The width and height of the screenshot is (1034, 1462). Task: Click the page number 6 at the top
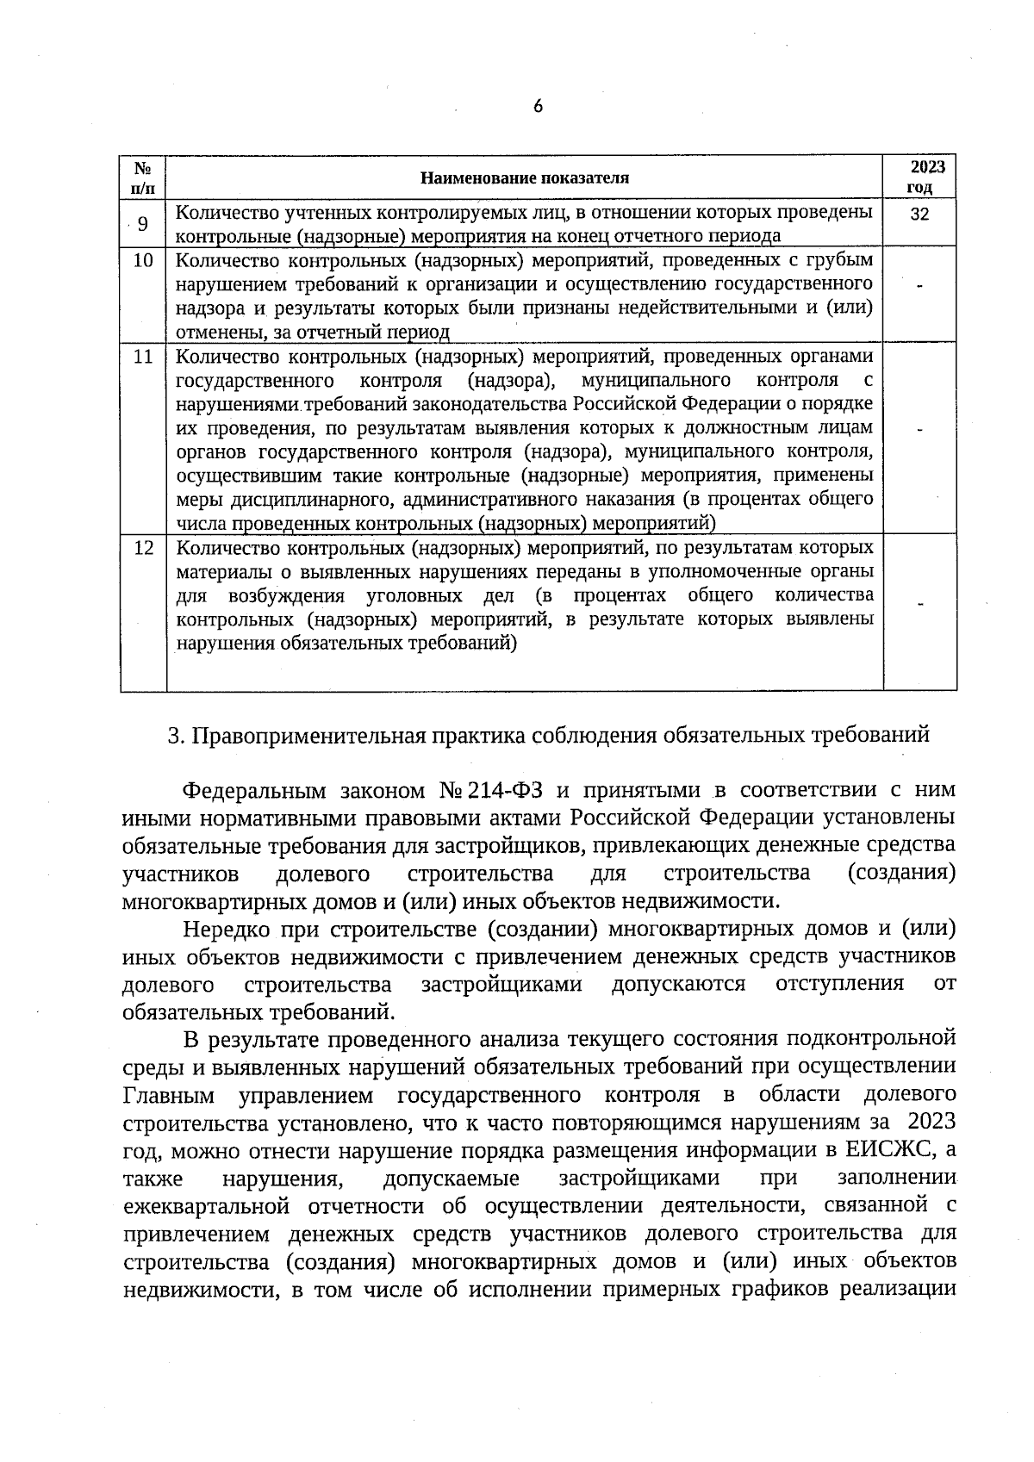[538, 106]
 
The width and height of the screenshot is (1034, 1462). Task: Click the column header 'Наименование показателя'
[525, 178]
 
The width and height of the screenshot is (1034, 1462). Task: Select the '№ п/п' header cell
[143, 178]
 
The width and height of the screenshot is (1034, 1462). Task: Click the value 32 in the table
[919, 215]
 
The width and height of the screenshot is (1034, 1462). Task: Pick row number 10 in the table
[143, 259]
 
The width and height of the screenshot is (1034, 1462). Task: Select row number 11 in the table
[143, 356]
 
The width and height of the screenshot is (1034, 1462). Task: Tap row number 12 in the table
[143, 548]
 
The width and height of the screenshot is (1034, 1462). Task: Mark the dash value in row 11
[919, 429]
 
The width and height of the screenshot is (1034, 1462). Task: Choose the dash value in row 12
[919, 605]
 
